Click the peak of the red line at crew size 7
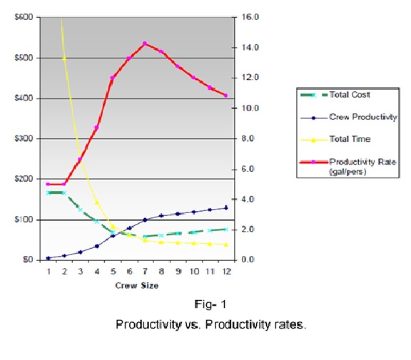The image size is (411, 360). tap(145, 43)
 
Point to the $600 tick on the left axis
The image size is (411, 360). tap(24, 17)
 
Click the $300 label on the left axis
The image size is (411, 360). tap(24, 138)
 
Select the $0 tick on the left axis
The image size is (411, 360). tap(27, 260)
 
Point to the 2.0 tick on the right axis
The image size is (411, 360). tap(245, 230)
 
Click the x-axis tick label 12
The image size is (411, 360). tap(225, 272)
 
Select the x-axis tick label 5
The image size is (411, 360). tap(113, 272)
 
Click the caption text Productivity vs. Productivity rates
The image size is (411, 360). tap(210, 324)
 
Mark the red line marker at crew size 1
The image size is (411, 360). tap(48, 184)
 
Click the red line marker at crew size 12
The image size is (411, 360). tap(225, 96)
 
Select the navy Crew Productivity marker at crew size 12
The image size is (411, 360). tap(225, 207)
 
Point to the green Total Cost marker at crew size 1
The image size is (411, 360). tap(48, 192)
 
